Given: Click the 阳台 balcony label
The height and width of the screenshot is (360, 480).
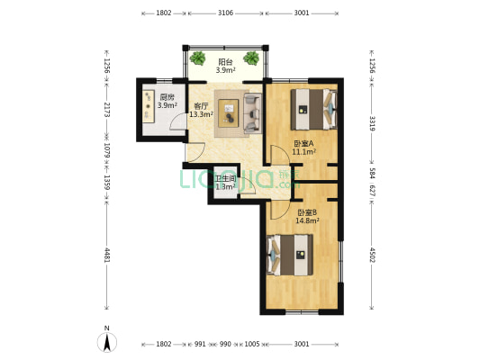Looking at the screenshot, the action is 226,61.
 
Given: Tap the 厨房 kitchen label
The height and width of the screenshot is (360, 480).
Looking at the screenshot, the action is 168,97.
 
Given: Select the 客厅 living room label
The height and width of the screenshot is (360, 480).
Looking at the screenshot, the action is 202,106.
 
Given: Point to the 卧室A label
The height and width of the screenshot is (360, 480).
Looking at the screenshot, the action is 303,143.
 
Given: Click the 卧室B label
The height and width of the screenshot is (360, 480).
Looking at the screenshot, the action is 307,212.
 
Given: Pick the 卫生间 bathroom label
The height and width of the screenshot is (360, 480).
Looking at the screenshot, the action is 226,179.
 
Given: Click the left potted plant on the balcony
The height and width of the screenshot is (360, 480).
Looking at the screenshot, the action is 198,58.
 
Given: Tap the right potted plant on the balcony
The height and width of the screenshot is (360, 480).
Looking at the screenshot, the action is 251,58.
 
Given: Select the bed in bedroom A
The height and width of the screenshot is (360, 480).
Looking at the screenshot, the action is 313,109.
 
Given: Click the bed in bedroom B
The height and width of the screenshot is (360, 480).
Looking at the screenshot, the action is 290,255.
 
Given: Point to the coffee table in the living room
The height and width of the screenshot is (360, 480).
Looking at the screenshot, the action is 229,113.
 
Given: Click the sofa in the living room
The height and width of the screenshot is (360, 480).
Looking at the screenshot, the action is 252,113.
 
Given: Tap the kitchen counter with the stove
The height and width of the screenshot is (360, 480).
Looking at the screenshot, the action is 149,106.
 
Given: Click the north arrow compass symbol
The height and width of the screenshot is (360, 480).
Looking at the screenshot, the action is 107,342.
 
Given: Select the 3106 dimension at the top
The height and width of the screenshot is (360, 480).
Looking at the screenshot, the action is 226,13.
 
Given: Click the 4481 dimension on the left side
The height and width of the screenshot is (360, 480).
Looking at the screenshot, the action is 107,255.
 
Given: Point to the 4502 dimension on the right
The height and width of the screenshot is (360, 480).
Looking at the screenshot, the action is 372,255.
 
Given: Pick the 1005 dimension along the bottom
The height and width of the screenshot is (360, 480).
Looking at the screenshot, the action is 252,344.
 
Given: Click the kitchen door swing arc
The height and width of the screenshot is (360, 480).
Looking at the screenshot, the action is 177,121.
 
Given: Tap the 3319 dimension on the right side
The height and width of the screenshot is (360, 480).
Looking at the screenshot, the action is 372,123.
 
